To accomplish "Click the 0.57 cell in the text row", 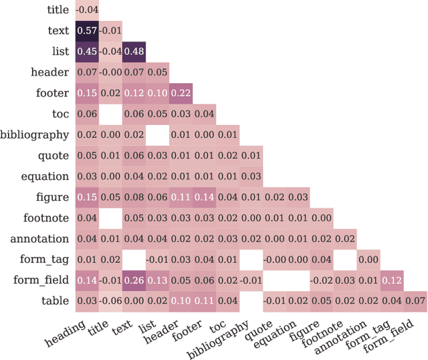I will click(87, 31).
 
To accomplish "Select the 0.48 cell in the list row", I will click(134, 52).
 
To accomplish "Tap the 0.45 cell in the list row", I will click(87, 52).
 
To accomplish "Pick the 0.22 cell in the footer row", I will click(181, 93).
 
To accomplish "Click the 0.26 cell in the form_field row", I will click(134, 280).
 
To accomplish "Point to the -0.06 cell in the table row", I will click(110, 301).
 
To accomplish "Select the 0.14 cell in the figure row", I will click(204, 197).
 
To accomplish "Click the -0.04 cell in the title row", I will click(87, 10).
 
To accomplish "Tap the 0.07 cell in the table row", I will click(415, 301).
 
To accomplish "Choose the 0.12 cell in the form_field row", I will click(391, 280).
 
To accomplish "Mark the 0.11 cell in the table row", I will click(204, 301).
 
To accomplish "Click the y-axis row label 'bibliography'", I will click(35, 134).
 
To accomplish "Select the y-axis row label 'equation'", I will click(45, 176).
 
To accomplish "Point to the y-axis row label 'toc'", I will click(60, 114).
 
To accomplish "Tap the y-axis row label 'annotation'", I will click(39, 239).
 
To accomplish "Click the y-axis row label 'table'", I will click(55, 301).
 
